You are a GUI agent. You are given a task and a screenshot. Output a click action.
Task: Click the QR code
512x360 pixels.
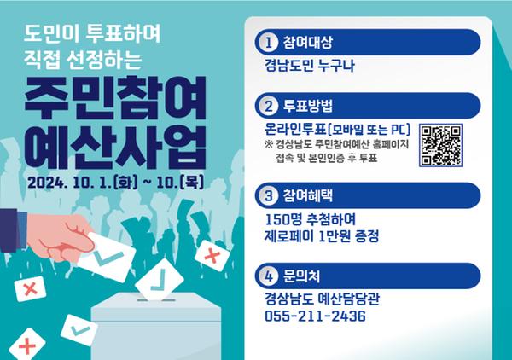(443, 144)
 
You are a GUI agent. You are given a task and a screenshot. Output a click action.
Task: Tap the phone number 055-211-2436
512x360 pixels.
(315, 316)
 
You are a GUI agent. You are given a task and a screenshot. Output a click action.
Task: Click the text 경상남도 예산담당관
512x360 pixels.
(323, 299)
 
